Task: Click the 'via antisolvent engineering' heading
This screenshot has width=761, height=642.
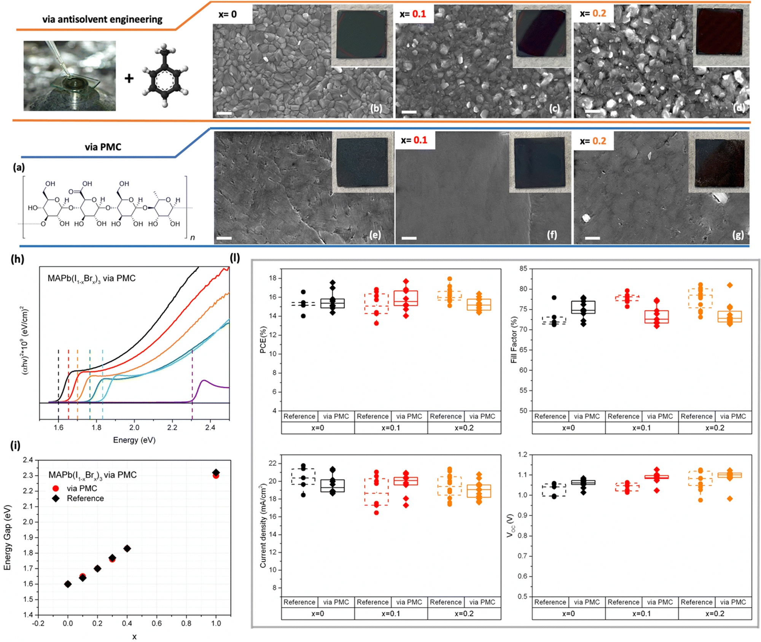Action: coord(102,19)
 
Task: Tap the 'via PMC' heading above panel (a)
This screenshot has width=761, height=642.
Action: coord(103,147)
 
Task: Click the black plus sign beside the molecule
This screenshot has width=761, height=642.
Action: coord(129,78)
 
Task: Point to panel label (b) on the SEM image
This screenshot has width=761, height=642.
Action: coord(376,108)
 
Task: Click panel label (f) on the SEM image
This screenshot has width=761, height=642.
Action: coord(552,235)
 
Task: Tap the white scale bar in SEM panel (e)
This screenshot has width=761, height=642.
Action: coord(224,238)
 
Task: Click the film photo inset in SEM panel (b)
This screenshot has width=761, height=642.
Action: coord(362,35)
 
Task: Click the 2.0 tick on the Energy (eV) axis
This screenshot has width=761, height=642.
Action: coord(134,428)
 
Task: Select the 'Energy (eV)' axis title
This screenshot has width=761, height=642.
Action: coord(134,440)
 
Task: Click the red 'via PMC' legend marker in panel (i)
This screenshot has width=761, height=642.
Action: coord(56,488)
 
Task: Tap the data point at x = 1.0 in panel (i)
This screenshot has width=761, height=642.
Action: coord(216,474)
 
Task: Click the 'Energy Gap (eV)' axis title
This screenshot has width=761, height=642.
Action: coord(7,537)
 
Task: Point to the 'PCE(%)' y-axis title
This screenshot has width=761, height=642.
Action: coord(263,340)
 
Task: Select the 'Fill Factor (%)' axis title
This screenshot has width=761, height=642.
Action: coord(514,340)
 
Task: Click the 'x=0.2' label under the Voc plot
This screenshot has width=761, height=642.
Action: coord(715,614)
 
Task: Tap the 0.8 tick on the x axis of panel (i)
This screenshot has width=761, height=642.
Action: coord(186,623)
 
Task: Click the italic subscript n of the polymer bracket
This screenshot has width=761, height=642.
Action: coord(193,238)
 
